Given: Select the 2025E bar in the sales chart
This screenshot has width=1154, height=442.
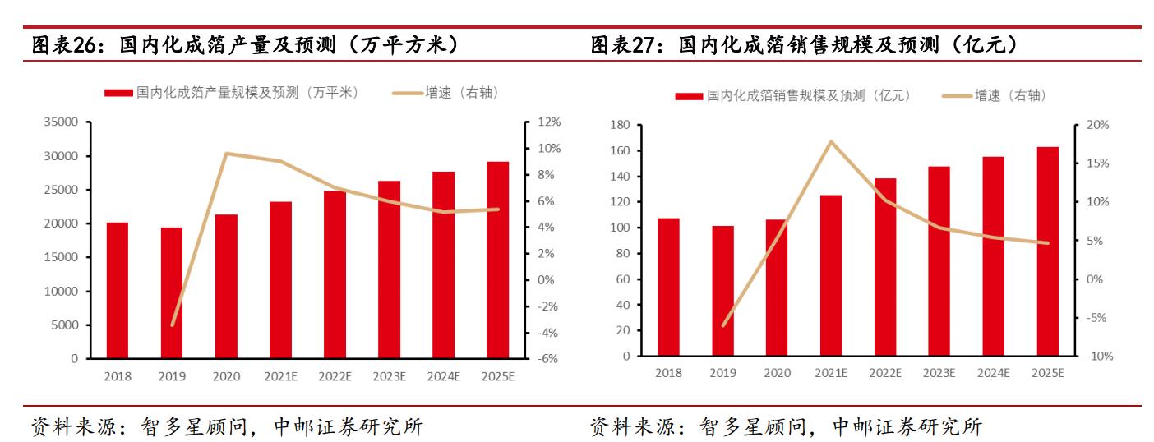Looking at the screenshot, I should coord(1048,251).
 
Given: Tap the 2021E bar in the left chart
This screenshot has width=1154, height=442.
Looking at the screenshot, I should coord(280,280).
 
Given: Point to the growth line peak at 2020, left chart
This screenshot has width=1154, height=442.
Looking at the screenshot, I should coord(226,154).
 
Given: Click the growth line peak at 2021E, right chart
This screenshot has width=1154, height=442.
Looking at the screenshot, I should coord(831,141).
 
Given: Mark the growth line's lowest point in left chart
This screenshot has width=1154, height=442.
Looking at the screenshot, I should coord(172,325).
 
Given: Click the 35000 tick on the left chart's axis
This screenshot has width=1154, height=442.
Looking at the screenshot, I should coord(62,122).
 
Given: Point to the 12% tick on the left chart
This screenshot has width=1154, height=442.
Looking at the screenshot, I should coord(549,122).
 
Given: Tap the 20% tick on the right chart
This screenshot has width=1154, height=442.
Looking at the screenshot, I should coord(1097,125).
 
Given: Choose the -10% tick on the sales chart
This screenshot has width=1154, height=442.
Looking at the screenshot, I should coord(1097,356).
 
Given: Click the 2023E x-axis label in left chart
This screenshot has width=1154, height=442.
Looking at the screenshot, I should coord(389,377).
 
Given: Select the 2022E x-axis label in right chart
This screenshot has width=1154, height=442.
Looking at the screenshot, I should coord(885,373).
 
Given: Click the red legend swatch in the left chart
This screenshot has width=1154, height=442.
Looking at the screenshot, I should coord(118,93).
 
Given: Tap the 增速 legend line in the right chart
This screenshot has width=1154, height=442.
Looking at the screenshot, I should coord(956,96).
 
